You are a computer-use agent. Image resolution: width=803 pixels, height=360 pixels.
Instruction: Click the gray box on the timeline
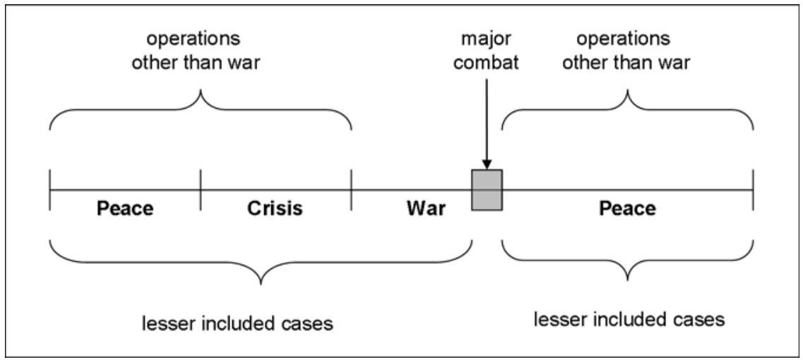pos(487,190)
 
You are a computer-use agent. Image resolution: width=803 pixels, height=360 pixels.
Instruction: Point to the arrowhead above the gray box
pos(487,164)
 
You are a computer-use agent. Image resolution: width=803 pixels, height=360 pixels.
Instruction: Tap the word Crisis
pos(275,209)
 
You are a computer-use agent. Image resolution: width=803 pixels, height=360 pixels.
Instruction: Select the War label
pos(427,209)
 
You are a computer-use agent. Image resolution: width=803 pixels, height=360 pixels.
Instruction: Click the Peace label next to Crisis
pos(124,209)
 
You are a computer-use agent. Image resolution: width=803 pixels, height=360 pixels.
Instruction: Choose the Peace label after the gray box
pos(627,209)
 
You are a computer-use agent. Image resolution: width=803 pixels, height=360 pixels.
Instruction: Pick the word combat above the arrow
pos(487,61)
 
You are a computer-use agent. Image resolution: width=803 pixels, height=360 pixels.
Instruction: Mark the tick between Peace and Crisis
pos(201,190)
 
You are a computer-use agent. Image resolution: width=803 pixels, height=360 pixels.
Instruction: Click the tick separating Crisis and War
pos(351,190)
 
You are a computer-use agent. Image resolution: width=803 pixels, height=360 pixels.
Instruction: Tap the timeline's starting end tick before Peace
pos(49,190)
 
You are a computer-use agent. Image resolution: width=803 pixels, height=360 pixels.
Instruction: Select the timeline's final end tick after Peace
pos(753,190)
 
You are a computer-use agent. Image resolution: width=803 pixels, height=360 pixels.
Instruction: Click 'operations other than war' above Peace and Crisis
pos(200,52)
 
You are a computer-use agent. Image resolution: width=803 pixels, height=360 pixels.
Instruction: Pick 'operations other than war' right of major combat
pos(628,52)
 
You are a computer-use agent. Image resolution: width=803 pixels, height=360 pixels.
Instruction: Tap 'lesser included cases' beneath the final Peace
pos(629,319)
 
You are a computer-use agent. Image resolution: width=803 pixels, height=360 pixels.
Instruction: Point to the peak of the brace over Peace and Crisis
pos(201,92)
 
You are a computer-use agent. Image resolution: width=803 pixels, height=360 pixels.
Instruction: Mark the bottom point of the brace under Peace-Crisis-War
pos(261,284)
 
